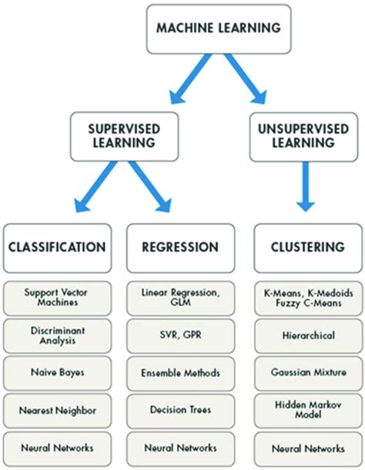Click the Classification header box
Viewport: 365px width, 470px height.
[x=57, y=247]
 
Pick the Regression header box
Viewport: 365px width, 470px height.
[x=180, y=247]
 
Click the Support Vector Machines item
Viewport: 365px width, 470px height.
[x=57, y=296]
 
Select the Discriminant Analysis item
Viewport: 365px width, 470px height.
[x=57, y=335]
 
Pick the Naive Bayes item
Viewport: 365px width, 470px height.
[x=57, y=372]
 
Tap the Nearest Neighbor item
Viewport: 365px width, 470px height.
[x=57, y=409]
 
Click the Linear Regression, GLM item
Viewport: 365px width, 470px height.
[x=180, y=296]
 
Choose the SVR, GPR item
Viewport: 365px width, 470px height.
[x=180, y=335]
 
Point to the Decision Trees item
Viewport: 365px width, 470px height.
[x=180, y=409]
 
